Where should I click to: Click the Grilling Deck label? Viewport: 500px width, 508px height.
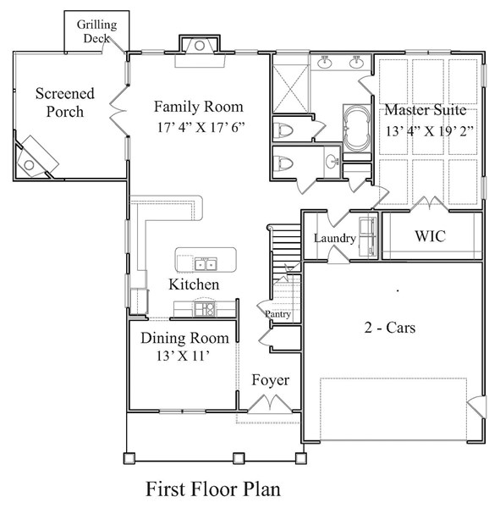pos(97,31)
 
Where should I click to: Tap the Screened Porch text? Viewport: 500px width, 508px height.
pos(64,102)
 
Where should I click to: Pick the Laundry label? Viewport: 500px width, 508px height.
pos(334,239)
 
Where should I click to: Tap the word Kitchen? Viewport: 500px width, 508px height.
pos(194,284)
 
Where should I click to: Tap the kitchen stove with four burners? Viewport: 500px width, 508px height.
pos(203,309)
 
